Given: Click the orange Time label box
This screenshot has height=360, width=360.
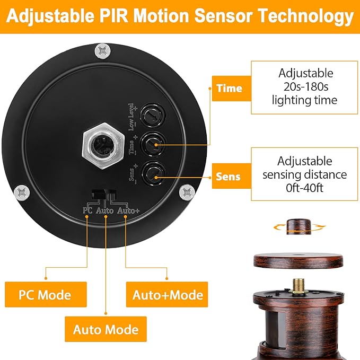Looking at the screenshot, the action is [x=231, y=89].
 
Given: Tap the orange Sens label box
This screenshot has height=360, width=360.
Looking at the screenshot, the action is [x=231, y=176].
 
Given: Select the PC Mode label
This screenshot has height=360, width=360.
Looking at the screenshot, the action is [x=46, y=295].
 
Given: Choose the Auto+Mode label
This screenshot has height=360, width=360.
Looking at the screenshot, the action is [x=167, y=295].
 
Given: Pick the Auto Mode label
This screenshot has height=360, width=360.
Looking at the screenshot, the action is [x=106, y=329].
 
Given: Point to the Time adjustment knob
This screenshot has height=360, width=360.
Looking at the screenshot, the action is [x=153, y=145].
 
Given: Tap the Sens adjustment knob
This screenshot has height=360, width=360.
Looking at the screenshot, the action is [x=153, y=174].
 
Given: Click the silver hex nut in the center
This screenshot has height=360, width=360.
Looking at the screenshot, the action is [x=103, y=146].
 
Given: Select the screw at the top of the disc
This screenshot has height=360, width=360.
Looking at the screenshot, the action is [x=103, y=51].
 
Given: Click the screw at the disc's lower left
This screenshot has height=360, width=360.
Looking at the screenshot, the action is [x=22, y=193].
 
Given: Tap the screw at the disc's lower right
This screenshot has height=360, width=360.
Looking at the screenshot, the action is [x=187, y=192].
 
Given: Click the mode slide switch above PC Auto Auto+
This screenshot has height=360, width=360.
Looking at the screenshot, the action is [x=104, y=195].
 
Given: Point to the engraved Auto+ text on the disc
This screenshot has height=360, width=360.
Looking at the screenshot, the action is [x=128, y=211].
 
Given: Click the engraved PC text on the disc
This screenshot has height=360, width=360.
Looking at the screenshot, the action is [x=87, y=210].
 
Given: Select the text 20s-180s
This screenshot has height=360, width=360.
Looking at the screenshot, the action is [x=305, y=87].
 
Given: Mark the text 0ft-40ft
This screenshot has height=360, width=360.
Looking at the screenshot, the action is [x=304, y=188].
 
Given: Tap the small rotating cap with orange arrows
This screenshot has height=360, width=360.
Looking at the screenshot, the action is [x=299, y=226].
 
